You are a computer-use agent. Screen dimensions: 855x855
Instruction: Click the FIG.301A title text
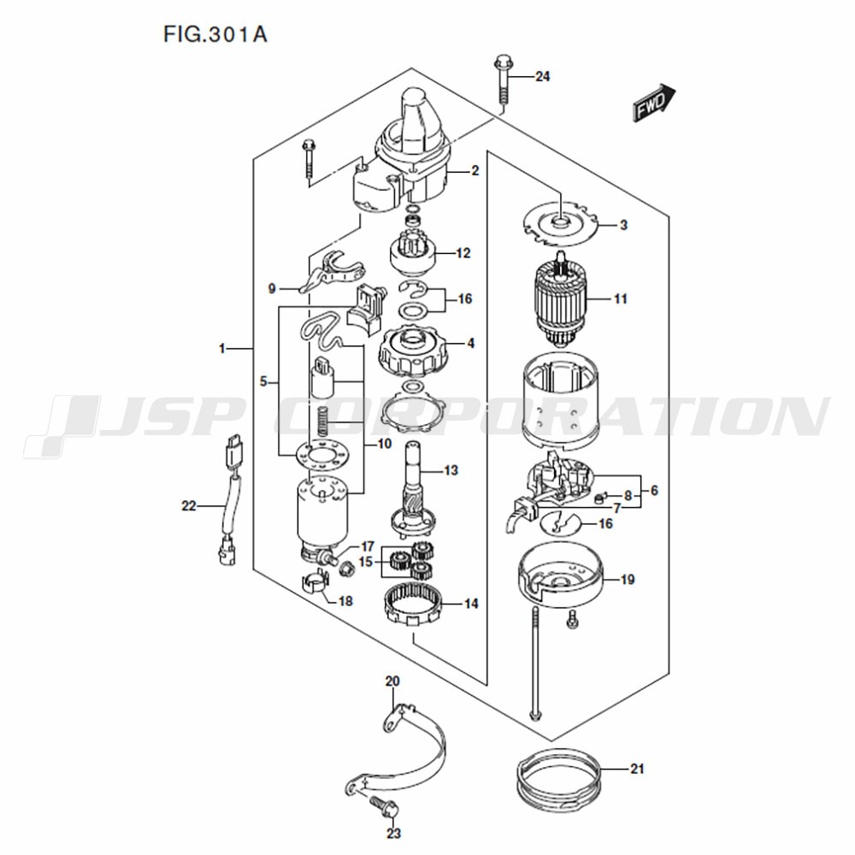215,34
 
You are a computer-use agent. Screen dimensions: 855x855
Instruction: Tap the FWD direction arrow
654,102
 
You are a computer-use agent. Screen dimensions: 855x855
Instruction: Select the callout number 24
542,76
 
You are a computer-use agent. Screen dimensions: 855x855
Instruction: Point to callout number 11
621,298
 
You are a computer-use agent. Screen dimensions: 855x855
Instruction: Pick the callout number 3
623,225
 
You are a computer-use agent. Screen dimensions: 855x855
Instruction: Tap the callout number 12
463,253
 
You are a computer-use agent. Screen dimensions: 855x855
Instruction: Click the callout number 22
189,506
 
